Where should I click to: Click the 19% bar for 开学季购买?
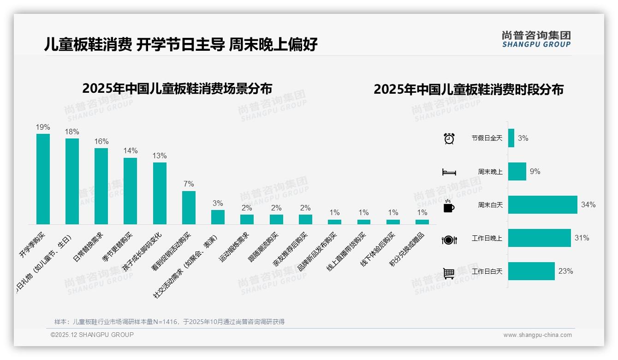click(43, 179)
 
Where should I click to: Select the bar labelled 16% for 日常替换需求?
click(101, 186)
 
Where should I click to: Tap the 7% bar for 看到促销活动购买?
click(189, 208)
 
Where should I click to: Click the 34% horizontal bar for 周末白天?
click(542, 204)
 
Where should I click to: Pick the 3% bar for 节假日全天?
click(511, 138)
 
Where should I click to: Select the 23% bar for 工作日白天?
click(531, 271)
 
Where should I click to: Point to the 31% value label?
click(582, 238)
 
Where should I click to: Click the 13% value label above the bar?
click(160, 156)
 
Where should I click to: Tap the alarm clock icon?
click(449, 138)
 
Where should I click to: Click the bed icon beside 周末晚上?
click(449, 172)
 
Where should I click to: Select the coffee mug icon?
click(449, 205)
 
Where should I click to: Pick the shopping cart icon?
click(449, 273)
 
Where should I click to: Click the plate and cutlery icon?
click(449, 239)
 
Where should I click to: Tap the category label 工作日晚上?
click(487, 238)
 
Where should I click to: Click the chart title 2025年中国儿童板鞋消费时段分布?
click(468, 90)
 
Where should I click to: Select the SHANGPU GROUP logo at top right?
click(536, 39)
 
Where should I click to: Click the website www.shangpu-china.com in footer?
click(537, 335)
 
